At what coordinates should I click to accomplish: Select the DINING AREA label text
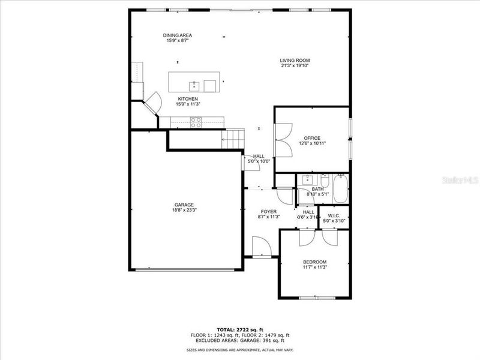[178, 35]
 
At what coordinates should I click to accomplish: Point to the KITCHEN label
[187, 99]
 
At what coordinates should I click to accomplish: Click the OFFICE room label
[311, 138]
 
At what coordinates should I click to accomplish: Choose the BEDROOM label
[314, 262]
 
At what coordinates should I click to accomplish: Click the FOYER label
[268, 212]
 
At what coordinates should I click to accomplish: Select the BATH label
[317, 189]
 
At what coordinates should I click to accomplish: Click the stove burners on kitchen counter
[196, 122]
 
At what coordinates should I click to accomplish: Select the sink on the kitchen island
[194, 85]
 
